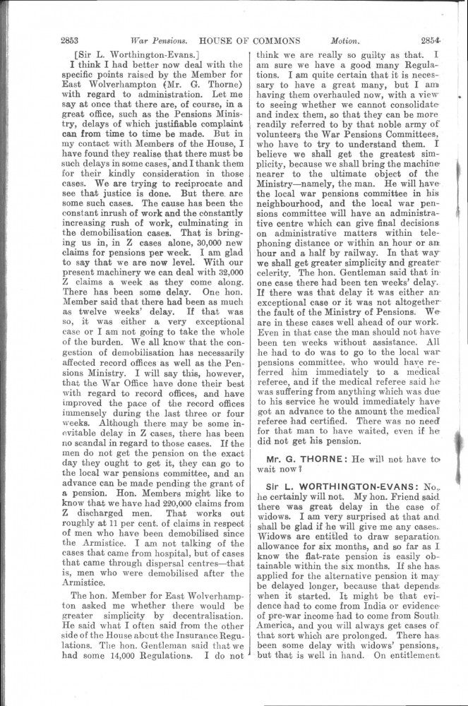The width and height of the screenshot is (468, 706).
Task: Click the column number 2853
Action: tap(73, 40)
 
